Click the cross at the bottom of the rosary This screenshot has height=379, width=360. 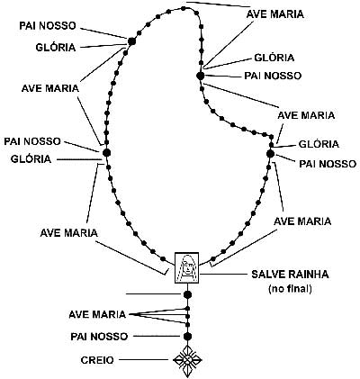point(187,359)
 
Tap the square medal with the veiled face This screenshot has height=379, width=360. point(187,267)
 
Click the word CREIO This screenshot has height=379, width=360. point(97,360)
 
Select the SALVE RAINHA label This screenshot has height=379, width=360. point(290,275)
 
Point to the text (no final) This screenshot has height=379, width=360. point(290,289)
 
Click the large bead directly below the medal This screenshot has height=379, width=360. point(187,294)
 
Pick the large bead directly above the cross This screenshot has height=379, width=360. point(187,336)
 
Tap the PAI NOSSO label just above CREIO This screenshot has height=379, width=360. point(99,337)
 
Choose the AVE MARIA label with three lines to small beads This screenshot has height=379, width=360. point(97,314)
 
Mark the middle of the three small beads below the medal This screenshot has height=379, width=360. point(187,316)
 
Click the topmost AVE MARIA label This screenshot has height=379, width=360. point(274,14)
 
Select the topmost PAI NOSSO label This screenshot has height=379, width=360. point(48,25)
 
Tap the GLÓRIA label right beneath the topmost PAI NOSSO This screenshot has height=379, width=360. point(56,47)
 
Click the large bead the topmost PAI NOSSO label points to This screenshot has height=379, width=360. point(131,41)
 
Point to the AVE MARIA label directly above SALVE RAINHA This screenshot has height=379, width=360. point(302,221)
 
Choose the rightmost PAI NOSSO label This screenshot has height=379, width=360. point(328,164)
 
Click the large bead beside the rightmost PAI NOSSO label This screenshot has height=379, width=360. point(270,154)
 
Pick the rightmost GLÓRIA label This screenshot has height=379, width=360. point(319,144)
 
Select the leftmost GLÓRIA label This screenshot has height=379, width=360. point(31,158)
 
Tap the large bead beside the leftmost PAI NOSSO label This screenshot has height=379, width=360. point(106,152)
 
